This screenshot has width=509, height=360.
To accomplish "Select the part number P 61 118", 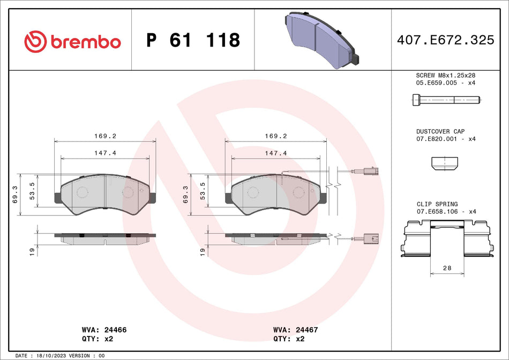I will click(x=193, y=40).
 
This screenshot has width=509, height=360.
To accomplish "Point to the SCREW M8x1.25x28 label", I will click(x=446, y=76).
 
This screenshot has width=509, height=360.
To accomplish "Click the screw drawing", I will click(x=446, y=100).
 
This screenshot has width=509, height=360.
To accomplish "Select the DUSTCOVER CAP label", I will click(x=440, y=131).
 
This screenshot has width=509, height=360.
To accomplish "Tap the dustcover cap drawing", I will click(x=445, y=163).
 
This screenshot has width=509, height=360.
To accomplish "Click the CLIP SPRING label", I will click(x=437, y=204).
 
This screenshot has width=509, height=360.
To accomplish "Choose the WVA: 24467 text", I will click(x=295, y=330).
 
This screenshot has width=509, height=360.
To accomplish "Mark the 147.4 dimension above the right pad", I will click(x=276, y=153).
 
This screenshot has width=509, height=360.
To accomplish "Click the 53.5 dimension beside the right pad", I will click(x=203, y=190).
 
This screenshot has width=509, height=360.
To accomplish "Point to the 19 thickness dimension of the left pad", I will click(x=32, y=250).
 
